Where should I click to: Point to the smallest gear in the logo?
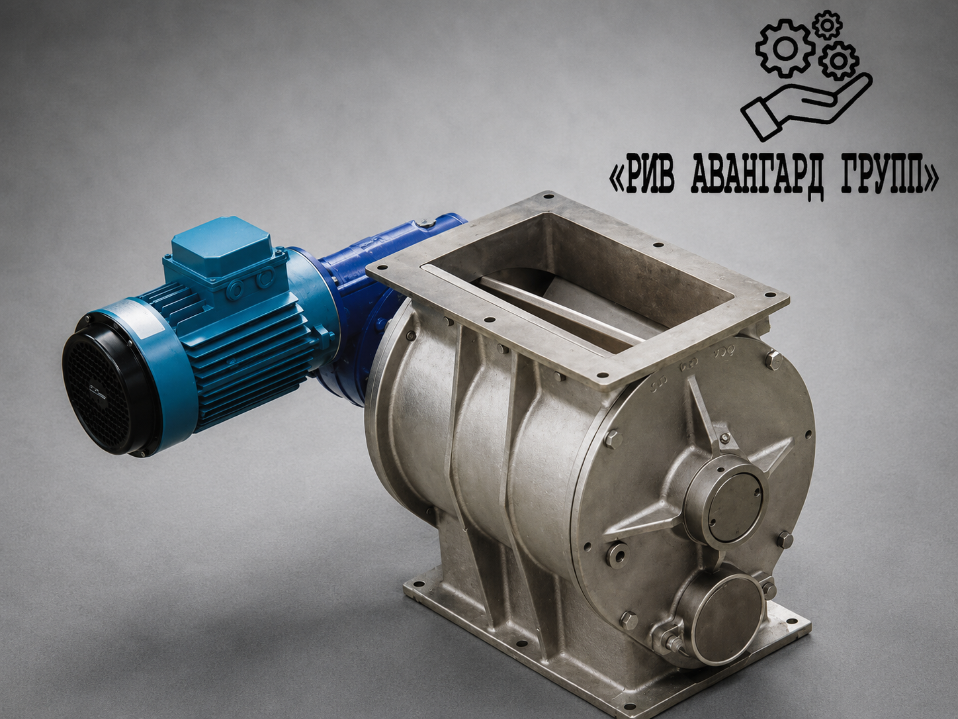828,25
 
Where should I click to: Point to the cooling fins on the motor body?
244,350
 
